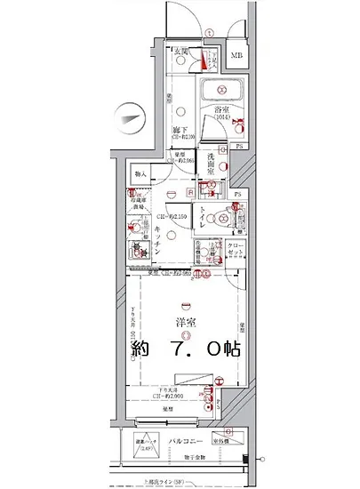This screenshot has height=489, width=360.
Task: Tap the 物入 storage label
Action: click(x=140, y=174)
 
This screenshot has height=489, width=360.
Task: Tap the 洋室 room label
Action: click(x=184, y=322)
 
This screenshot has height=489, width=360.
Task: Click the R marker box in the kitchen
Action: click(x=191, y=193)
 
